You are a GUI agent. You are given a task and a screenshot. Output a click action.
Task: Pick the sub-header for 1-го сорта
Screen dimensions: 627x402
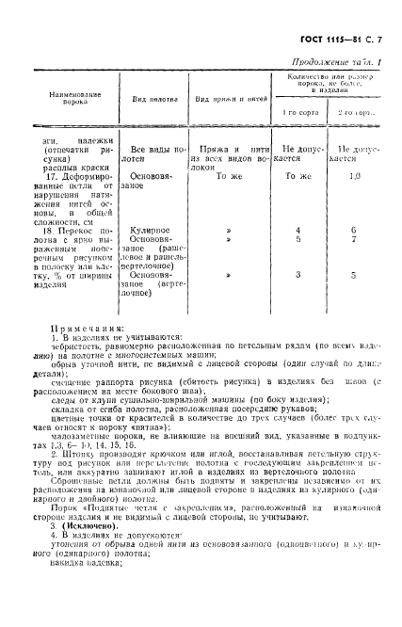point(297,112)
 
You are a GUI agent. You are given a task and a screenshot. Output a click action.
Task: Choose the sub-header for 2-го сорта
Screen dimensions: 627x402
point(359,112)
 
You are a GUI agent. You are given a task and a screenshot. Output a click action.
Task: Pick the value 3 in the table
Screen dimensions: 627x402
point(297,275)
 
